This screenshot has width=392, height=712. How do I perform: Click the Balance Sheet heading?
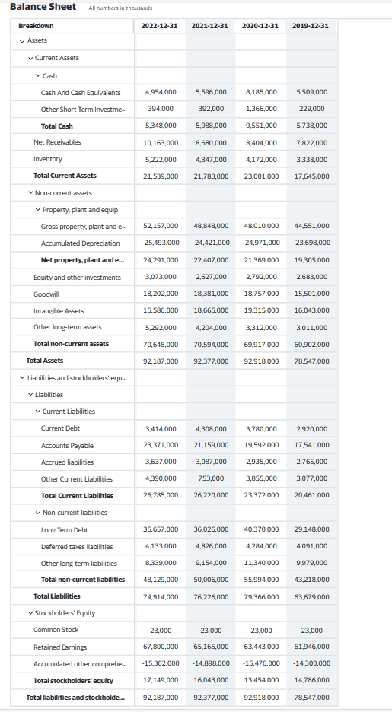click(x=43, y=7)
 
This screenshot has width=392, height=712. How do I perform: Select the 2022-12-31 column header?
click(x=160, y=26)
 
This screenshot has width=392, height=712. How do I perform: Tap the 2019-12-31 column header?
click(x=310, y=26)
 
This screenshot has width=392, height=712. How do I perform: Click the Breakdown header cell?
click(x=36, y=26)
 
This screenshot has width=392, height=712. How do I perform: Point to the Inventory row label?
click(x=48, y=159)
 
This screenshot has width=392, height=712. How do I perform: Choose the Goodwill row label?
click(x=47, y=294)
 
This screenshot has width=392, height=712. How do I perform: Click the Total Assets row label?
click(x=45, y=361)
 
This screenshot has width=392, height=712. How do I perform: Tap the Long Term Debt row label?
click(x=64, y=529)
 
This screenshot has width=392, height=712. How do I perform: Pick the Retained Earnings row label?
click(x=60, y=647)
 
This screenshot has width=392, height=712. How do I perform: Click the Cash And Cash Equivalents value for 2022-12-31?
click(x=160, y=92)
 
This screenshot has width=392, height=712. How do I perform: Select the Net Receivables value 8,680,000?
click(x=210, y=142)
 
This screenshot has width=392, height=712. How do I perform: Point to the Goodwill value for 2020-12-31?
click(x=260, y=294)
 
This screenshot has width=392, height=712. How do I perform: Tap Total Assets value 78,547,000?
click(x=310, y=361)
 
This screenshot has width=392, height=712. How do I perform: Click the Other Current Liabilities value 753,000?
click(x=210, y=478)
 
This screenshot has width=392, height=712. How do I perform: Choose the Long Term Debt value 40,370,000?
click(x=260, y=529)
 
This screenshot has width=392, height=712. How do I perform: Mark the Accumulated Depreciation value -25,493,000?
click(x=160, y=243)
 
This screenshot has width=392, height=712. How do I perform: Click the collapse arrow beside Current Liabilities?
click(x=38, y=412)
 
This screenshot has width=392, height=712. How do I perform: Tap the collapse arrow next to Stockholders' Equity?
click(x=30, y=613)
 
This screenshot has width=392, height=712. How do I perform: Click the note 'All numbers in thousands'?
click(x=120, y=8)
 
